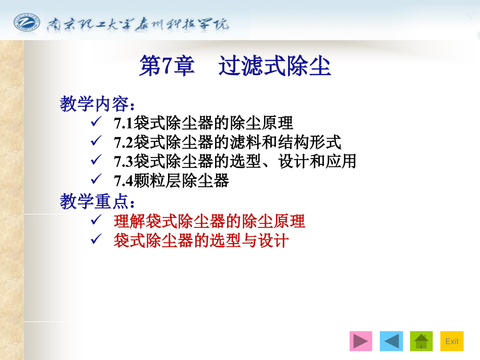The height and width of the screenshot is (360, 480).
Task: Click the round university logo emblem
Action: pos(27,22)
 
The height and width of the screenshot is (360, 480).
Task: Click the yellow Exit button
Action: pos(452,341)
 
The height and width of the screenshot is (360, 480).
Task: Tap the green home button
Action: pos(421,341)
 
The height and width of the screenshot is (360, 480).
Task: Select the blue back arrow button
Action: pos(391,341)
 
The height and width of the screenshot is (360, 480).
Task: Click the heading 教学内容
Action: pos(97,104)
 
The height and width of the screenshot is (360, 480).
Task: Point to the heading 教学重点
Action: pos(97,201)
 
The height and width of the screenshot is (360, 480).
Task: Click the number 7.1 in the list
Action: pos(123,123)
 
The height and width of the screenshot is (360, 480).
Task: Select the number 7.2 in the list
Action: pos(123,142)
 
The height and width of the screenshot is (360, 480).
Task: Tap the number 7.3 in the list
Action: pos(123,162)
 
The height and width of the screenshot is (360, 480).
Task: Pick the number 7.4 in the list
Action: pos(123,181)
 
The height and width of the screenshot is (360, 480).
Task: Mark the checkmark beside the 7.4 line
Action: pos(96,179)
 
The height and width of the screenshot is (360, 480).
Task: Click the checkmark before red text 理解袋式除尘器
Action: pos(96,220)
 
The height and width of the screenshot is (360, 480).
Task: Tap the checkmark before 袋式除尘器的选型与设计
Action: pos(96,239)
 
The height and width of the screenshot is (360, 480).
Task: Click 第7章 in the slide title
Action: pos(167,66)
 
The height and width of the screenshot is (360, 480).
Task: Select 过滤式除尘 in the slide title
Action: pos(274,66)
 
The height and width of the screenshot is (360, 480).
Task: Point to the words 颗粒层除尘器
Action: pos(181,181)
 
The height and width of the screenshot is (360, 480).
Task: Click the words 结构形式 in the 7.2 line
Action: pos(309,142)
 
